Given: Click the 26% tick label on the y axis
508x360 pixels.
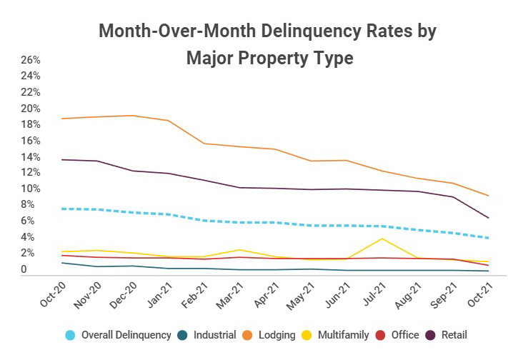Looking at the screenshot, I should [29, 60].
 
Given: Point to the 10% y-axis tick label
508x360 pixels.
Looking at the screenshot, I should [29, 189].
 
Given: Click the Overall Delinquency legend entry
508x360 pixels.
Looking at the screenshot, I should [126, 334].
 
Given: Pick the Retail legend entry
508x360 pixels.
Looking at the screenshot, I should [453, 334].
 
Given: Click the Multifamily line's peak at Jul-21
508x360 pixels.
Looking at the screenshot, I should [384, 239].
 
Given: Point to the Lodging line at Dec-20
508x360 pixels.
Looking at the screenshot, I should [132, 116].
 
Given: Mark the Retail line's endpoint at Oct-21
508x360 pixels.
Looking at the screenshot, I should [488, 218].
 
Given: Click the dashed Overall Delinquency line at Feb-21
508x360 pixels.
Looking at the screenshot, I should [203, 221].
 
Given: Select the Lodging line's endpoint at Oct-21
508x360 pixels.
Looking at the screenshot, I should [488, 196].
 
